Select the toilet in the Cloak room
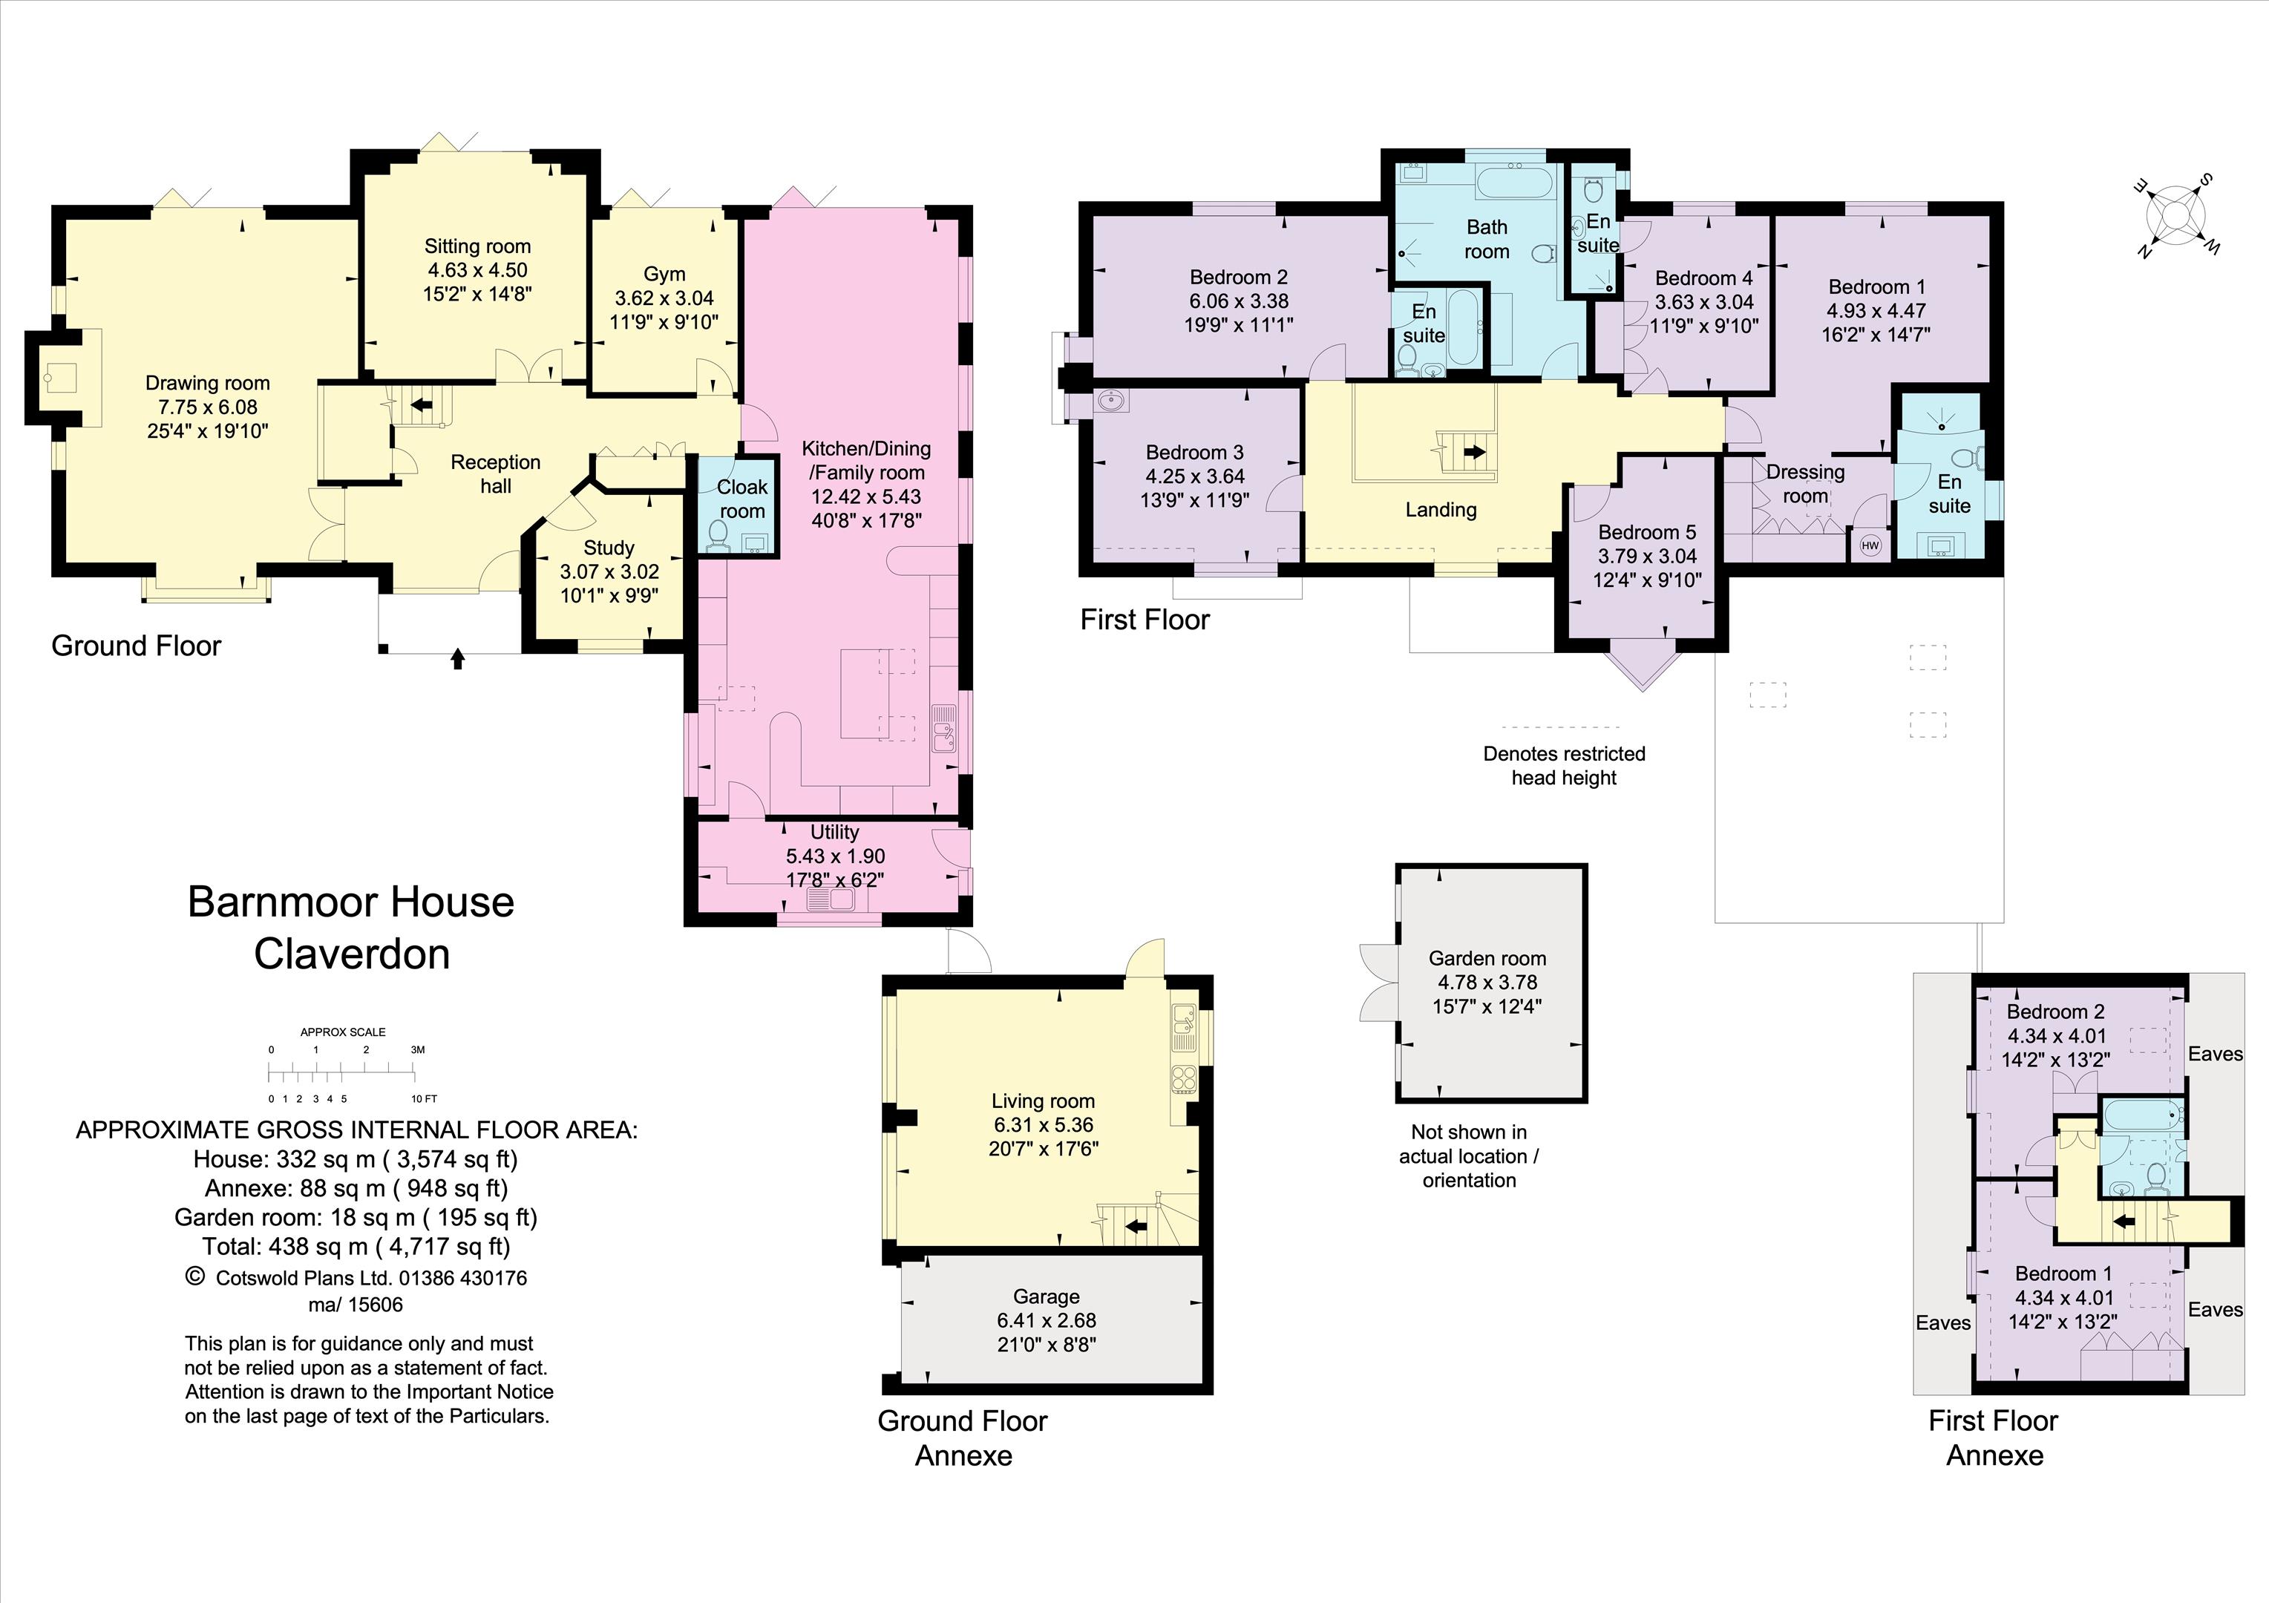(x=718, y=534)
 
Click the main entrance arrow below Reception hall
(x=457, y=658)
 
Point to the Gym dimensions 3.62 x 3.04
(x=664, y=298)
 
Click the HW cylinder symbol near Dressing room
(x=1870, y=545)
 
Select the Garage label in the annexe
(x=1046, y=1296)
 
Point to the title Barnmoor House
(x=351, y=902)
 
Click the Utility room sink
(x=830, y=899)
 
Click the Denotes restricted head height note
(x=1563, y=765)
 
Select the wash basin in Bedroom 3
(x=1113, y=401)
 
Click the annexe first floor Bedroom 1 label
(x=2063, y=1273)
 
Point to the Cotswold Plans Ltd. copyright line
(x=358, y=1277)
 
